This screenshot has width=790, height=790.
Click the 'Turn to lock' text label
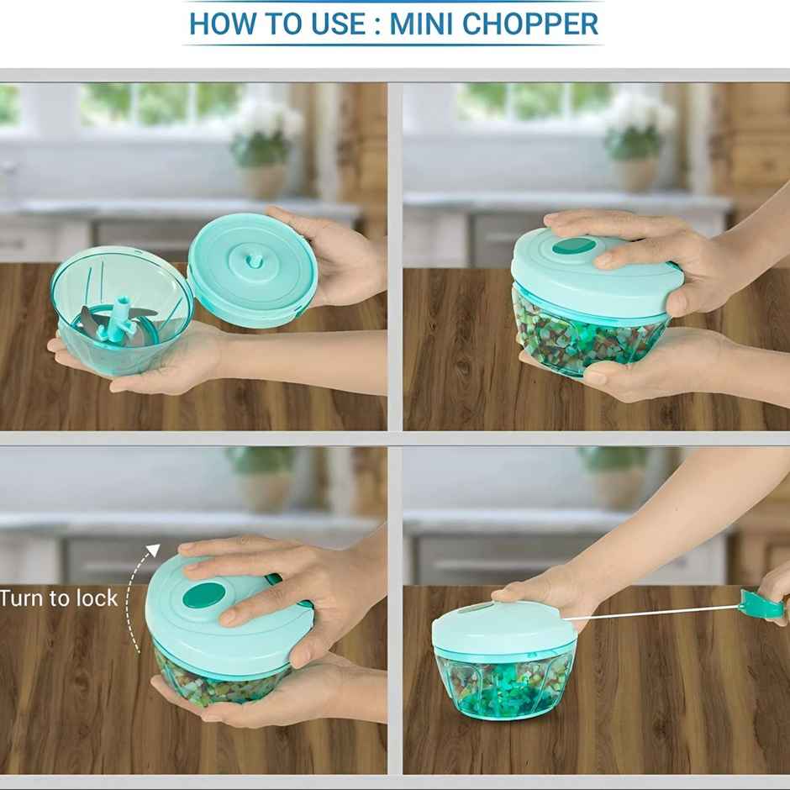coord(59,598)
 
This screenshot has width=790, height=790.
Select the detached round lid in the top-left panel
coord(252,269)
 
